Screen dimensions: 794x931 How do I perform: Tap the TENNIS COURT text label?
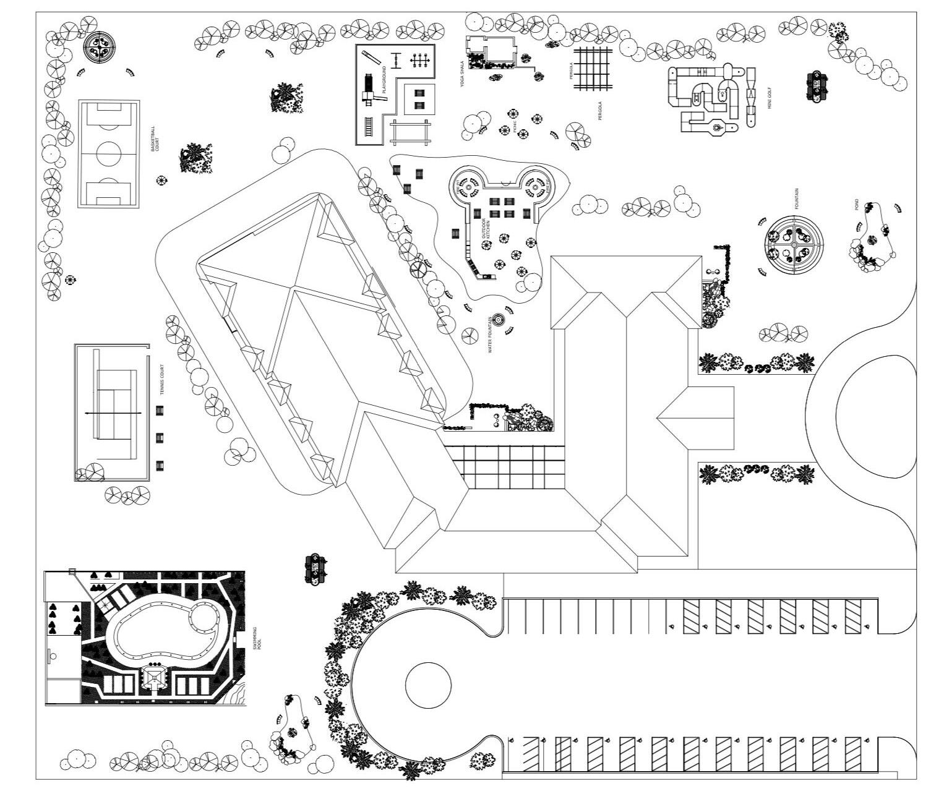click(162, 380)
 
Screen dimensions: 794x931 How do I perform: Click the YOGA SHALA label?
click(461, 74)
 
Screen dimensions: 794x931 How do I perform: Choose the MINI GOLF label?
click(770, 98)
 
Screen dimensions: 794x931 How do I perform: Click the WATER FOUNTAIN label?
click(489, 335)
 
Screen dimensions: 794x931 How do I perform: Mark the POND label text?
click(857, 205)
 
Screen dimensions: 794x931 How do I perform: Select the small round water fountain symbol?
click(499, 320)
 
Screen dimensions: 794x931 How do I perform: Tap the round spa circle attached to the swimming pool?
click(202, 617)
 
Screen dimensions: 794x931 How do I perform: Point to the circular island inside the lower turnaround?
click(428, 686)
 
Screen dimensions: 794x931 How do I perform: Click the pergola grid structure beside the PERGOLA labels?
click(592, 69)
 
